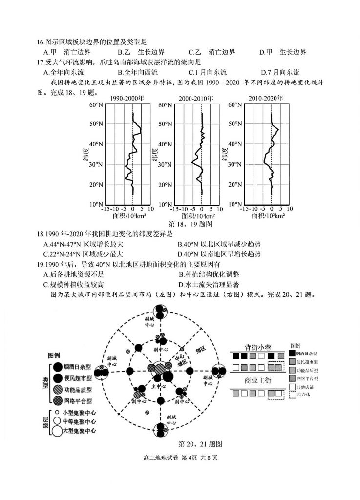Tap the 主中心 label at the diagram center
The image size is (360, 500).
(x=156, y=386)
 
